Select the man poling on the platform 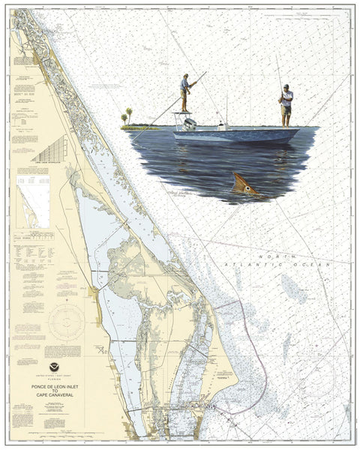pos(185,92)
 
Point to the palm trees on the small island pos(126,118)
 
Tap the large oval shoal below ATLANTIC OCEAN pos(293,288)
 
